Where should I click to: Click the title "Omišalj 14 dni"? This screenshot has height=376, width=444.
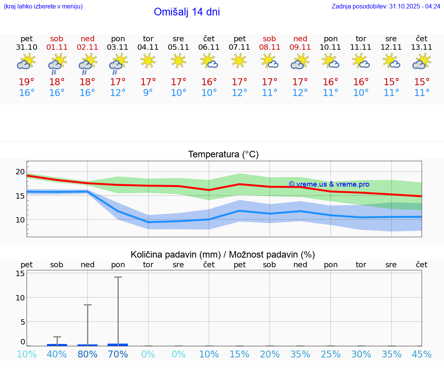pos(187,12)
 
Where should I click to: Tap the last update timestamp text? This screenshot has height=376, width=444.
pos(386,6)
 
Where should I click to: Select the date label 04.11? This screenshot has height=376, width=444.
pos(148,47)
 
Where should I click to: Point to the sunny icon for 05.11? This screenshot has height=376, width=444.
pos(178,61)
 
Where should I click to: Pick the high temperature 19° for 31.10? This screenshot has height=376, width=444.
pos(27,82)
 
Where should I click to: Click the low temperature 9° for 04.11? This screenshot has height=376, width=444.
pos(148,93)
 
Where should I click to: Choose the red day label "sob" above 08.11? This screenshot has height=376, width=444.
pos(269,39)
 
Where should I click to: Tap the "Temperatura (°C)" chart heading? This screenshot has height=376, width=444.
pos(223,155)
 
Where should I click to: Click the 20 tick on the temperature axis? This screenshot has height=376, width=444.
pos(20,172)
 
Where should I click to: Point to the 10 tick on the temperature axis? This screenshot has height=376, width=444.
pos(20,219)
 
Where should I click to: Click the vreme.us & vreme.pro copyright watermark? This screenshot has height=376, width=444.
pos(329,184)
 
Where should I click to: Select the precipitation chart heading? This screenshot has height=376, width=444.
pos(223,255)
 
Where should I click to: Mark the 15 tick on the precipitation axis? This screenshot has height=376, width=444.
pos(20,273)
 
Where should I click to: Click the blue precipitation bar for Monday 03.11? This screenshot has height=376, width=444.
pos(118,344)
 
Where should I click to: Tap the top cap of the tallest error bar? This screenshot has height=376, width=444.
pos(118,277)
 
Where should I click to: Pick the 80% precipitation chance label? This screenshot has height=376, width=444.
pos(87,354)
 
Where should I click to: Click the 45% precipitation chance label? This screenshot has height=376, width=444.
pos(422,354)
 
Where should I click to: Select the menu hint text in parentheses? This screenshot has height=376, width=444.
pos(43,6)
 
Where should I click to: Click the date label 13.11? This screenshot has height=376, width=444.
pos(422,47)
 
